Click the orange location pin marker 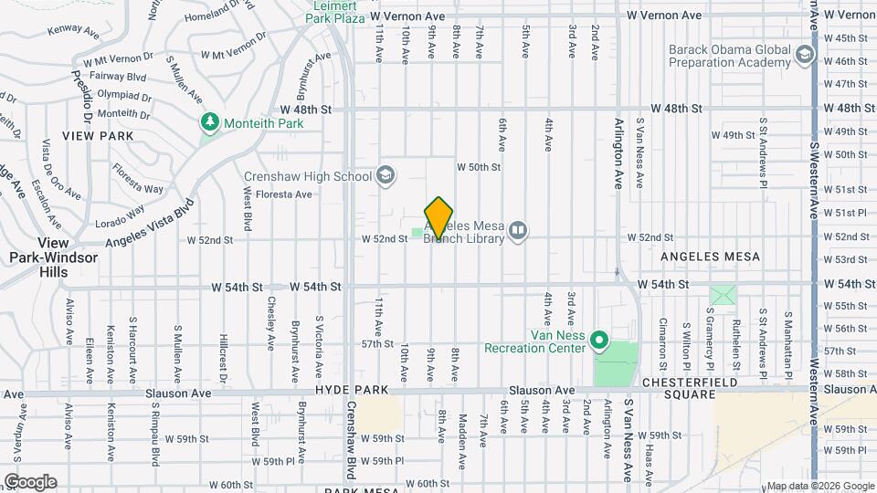click(x=439, y=217)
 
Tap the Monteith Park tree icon click(x=210, y=122)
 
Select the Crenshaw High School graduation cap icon click(x=386, y=175)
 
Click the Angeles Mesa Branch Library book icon click(x=518, y=230)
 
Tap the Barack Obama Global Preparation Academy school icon click(x=804, y=55)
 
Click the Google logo click(x=30, y=482)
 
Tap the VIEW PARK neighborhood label click(x=98, y=136)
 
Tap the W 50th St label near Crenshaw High click(x=479, y=167)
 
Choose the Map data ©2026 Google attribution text click(x=820, y=486)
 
